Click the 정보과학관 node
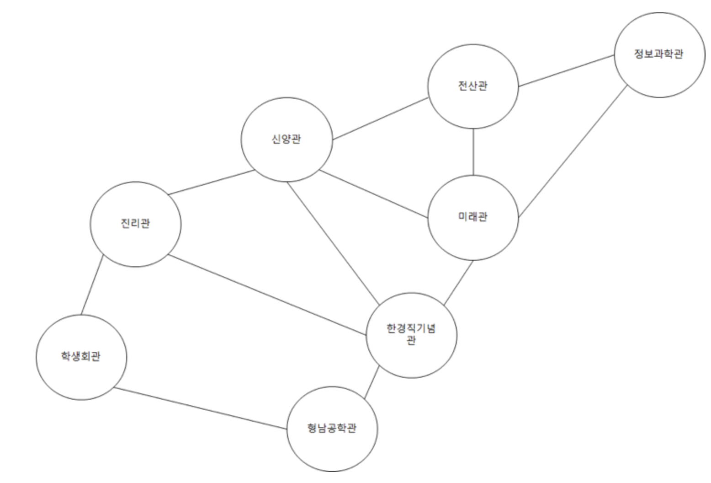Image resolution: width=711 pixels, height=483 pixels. coord(659,55)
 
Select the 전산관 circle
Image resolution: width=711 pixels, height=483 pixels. coord(473,86)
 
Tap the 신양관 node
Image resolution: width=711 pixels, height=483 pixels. coord(287,140)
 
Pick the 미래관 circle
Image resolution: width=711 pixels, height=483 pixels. coord(473,217)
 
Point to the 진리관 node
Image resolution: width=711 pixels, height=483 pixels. coord(135,224)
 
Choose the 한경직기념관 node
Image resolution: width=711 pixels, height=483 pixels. coord(411,335)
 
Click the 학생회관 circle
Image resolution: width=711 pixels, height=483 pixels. coord(81,357)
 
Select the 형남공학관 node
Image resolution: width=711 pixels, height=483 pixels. coord(332,429)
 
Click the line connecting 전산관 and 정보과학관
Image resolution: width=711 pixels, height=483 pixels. coord(566,71)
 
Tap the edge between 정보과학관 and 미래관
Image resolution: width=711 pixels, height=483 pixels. coord(573,151)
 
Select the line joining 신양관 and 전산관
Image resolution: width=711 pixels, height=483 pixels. coord(380,119)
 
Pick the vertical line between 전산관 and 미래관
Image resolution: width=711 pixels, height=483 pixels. coord(473,152)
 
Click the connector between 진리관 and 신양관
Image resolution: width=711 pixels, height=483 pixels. coord(211,182)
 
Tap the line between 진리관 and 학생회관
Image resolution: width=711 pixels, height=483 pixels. coord(92,285)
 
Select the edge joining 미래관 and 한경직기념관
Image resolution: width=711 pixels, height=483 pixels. coord(459,283)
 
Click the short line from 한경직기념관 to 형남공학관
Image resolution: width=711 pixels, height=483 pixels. coord(371,382)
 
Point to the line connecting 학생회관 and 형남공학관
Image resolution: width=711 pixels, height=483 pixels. coord(200,408)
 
